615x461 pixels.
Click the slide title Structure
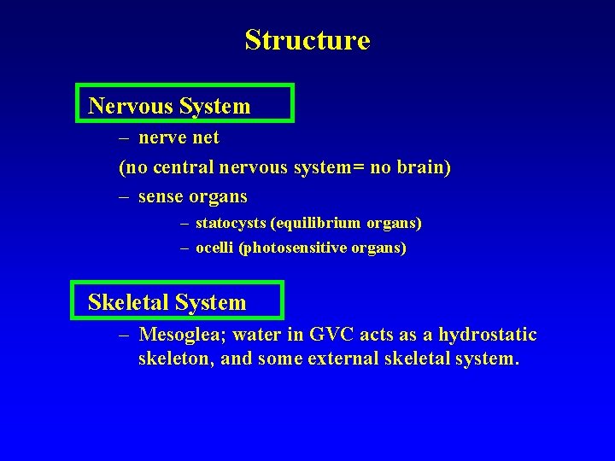[307, 40]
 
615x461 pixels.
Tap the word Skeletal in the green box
[128, 302]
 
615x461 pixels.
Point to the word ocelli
[215, 248]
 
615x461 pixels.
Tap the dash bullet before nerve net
[125, 137]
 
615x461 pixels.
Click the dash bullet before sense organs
[125, 197]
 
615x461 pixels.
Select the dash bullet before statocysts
[184, 224]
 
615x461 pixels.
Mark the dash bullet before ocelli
[184, 249]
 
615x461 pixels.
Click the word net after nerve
[206, 137]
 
